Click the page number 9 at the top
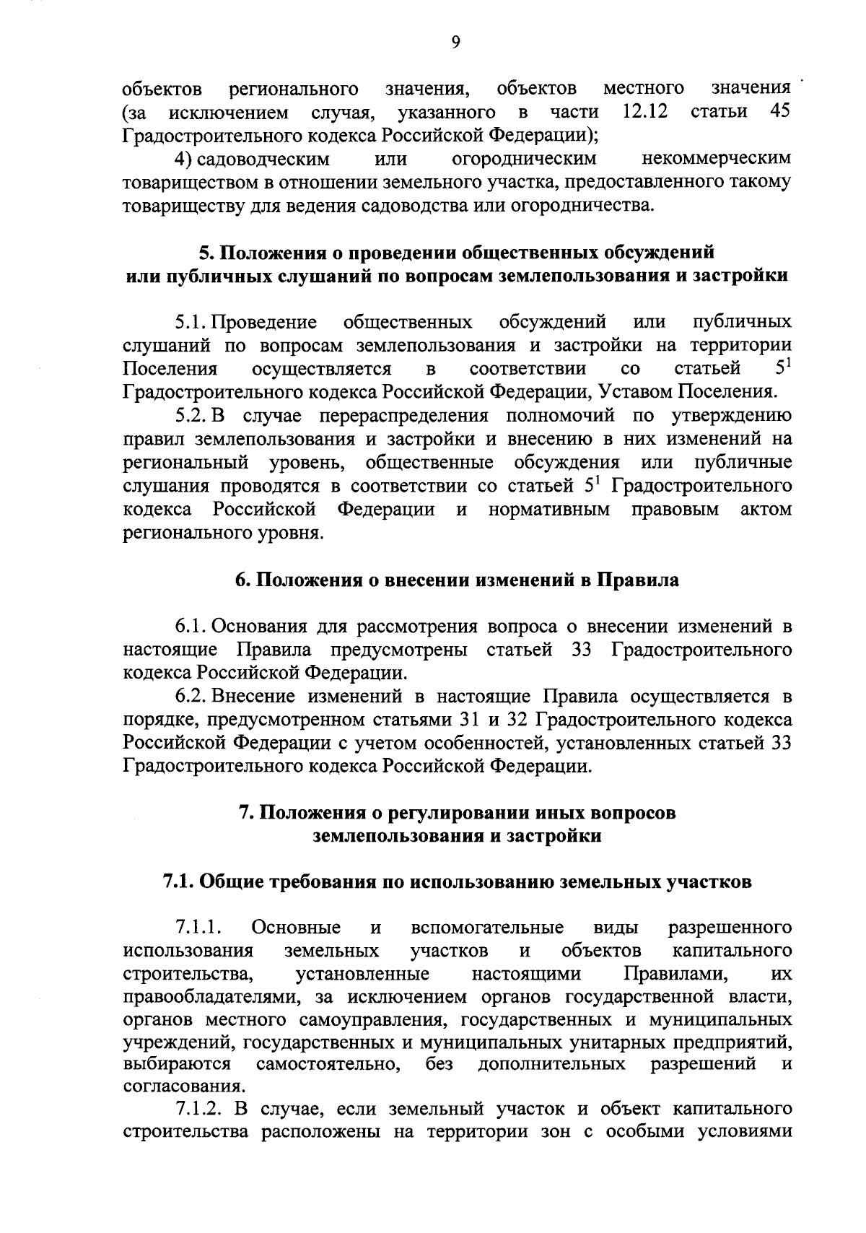click(x=455, y=43)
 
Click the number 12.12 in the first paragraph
click(x=644, y=112)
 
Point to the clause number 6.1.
click(x=192, y=626)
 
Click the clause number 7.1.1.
click(x=197, y=928)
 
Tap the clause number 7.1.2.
click(x=198, y=1109)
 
